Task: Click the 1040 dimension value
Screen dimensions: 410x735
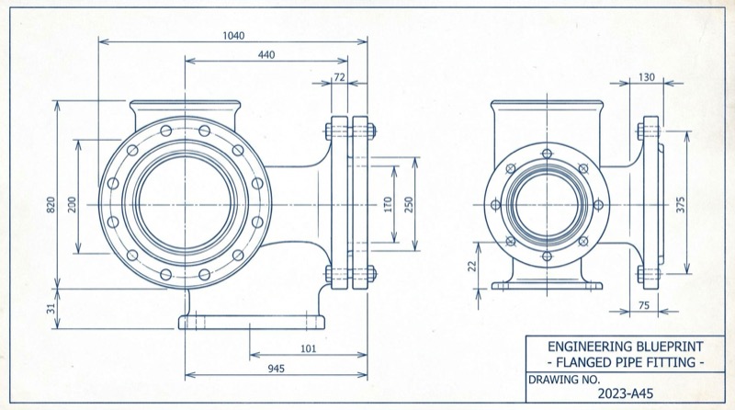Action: [x=233, y=35]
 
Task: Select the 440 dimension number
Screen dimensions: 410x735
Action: [x=266, y=55]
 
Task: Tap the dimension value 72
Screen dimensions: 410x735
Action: [x=339, y=78]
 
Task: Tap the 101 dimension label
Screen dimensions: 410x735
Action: [x=309, y=348]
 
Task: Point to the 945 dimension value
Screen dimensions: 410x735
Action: [x=275, y=370]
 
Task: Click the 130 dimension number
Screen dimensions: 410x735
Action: [x=646, y=78]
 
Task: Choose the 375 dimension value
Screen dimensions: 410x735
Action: [x=681, y=203]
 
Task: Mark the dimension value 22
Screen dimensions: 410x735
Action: [x=471, y=266]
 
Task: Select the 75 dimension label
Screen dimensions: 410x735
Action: [x=643, y=305]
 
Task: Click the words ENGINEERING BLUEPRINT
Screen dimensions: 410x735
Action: [x=626, y=347]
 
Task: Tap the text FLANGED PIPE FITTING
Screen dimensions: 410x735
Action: [x=626, y=362]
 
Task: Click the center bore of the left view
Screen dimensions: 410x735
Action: [x=185, y=203]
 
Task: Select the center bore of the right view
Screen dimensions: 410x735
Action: [x=547, y=203]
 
